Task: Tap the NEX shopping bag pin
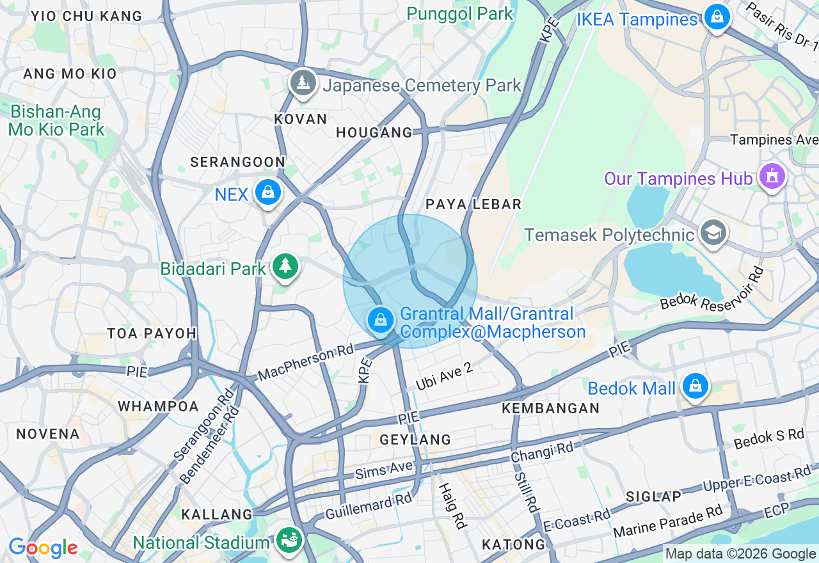pyautogui.click(x=267, y=192)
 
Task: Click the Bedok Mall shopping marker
pyautogui.click(x=695, y=386)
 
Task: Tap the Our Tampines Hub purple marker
pyautogui.click(x=772, y=177)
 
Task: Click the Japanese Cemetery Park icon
pyautogui.click(x=303, y=84)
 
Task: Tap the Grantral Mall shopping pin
pyautogui.click(x=381, y=320)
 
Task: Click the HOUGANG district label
pyautogui.click(x=374, y=132)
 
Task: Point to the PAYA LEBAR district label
pyautogui.click(x=473, y=204)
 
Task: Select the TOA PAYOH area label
pyautogui.click(x=152, y=333)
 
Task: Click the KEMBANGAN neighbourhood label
pyautogui.click(x=550, y=408)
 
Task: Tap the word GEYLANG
pyautogui.click(x=415, y=440)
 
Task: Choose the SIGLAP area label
pyautogui.click(x=653, y=496)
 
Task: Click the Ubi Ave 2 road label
pyautogui.click(x=443, y=377)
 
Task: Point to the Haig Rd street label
pyautogui.click(x=453, y=505)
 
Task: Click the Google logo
pyautogui.click(x=43, y=548)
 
